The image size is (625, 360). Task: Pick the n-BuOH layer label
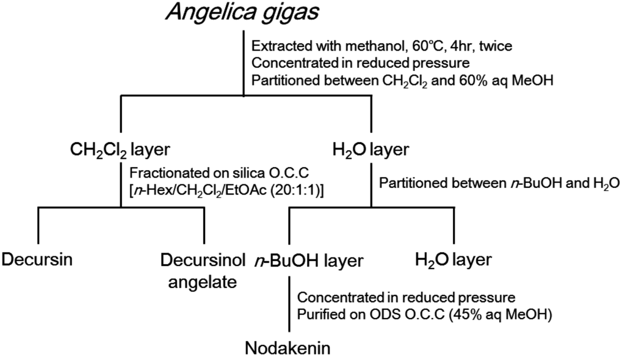[309, 261]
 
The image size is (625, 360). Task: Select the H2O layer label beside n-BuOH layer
[452, 260]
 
